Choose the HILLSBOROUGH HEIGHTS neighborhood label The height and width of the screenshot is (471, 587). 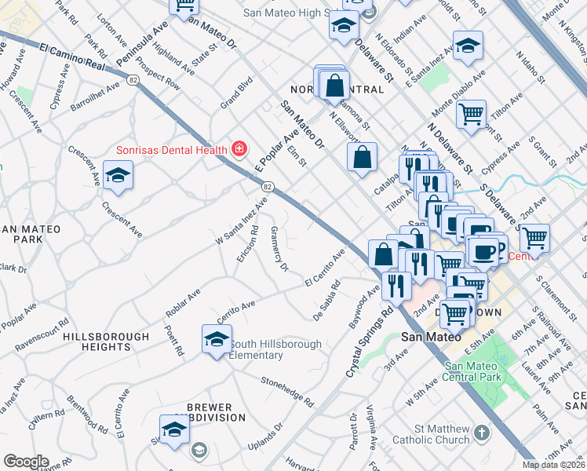click(x=105, y=341)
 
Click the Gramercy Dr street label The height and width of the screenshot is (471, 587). click(x=280, y=248)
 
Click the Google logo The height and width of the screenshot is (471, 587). click(x=26, y=462)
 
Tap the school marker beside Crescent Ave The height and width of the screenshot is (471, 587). click(x=117, y=175)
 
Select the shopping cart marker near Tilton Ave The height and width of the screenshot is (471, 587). click(x=471, y=115)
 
